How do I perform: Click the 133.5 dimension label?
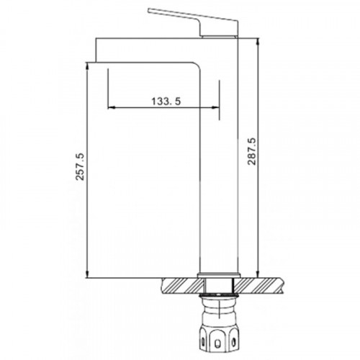click(166, 102)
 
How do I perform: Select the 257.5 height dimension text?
click(80, 166)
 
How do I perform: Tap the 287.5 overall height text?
click(252, 151)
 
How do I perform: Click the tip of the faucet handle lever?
click(149, 10)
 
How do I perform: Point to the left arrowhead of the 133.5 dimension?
click(111, 108)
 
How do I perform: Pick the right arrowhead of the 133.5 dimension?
click(216, 108)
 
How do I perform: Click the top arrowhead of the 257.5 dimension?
click(87, 66)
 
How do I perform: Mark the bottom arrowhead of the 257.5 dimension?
click(87, 274)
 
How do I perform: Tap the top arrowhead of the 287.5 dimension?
click(258, 42)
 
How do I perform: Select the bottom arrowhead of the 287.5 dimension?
click(258, 274)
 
